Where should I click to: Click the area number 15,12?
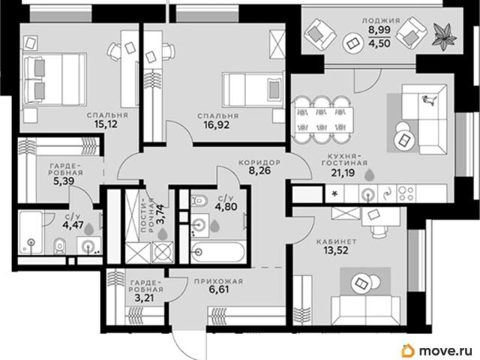[106, 124]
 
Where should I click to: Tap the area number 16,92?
[217, 125]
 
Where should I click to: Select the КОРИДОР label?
[259, 163]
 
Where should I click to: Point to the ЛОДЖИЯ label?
[381, 21]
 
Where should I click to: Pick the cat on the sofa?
[427, 100]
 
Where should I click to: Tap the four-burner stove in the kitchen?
[406, 193]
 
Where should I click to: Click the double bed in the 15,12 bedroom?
[54, 79]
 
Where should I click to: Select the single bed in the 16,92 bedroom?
[253, 90]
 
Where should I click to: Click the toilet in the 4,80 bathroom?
[199, 201]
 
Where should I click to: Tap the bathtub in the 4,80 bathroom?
[218, 252]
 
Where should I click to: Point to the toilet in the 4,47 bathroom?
[60, 245]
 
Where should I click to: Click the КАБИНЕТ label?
[337, 242]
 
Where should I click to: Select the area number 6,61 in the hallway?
[218, 289]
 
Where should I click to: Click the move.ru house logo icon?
[408, 350]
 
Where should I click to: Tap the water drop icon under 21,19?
[370, 175]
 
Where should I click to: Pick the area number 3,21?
[145, 298]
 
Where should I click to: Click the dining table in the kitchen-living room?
[323, 120]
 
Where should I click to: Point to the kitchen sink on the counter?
[368, 193]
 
